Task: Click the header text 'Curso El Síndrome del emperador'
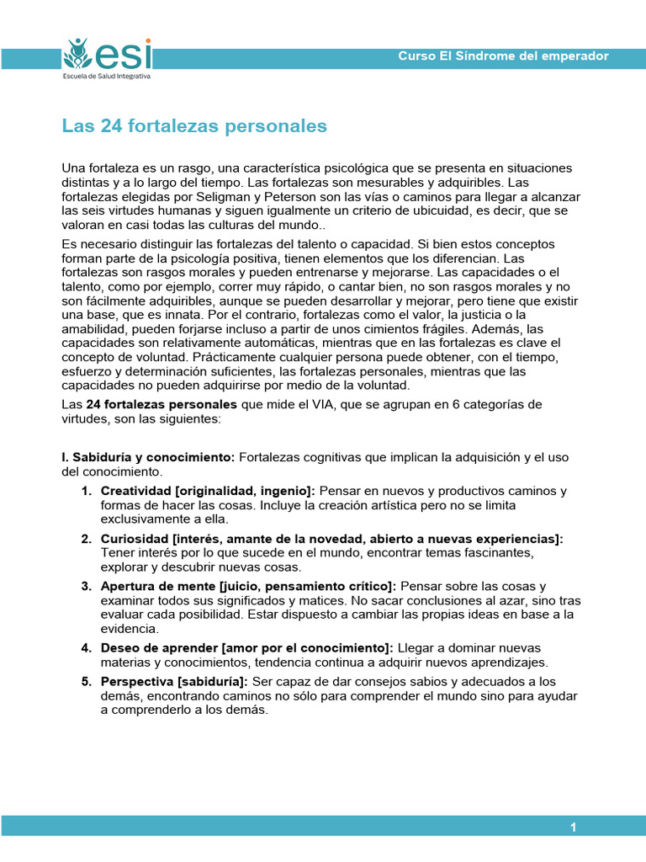pyautogui.click(x=503, y=56)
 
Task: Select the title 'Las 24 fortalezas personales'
pyautogui.click(x=194, y=126)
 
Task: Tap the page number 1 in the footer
pyautogui.click(x=573, y=827)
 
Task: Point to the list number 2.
pyautogui.click(x=87, y=539)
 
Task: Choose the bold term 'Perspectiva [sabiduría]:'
pyautogui.click(x=173, y=681)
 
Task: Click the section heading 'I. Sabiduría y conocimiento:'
pyautogui.click(x=149, y=457)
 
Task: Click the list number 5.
pyautogui.click(x=87, y=681)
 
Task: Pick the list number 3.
pyautogui.click(x=87, y=586)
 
